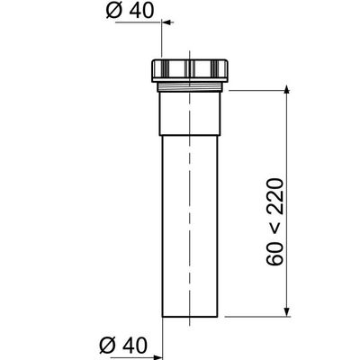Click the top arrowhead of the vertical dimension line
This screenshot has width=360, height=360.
[x=287, y=91]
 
